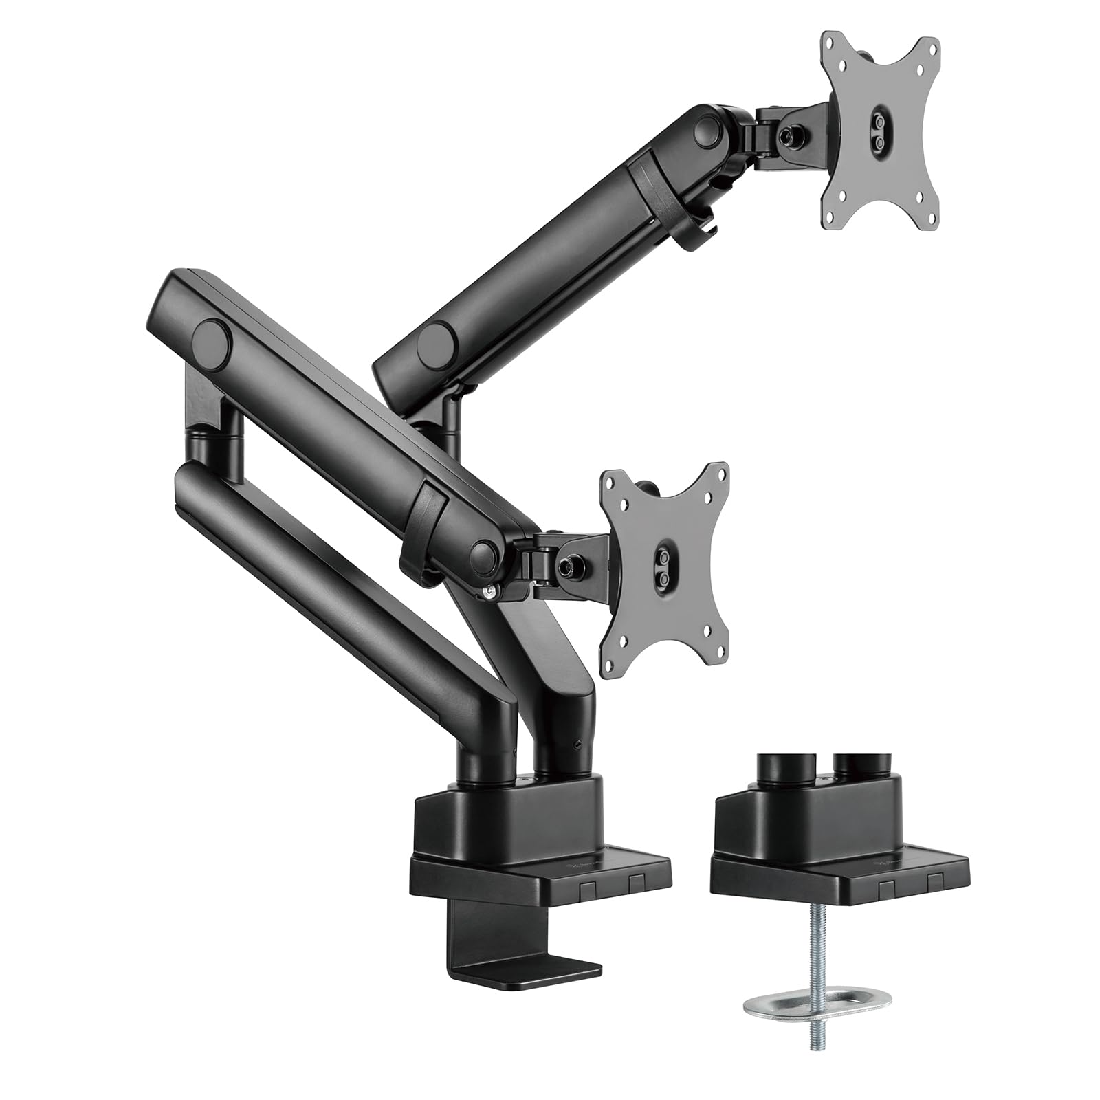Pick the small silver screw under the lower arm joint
[x=489, y=591]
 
